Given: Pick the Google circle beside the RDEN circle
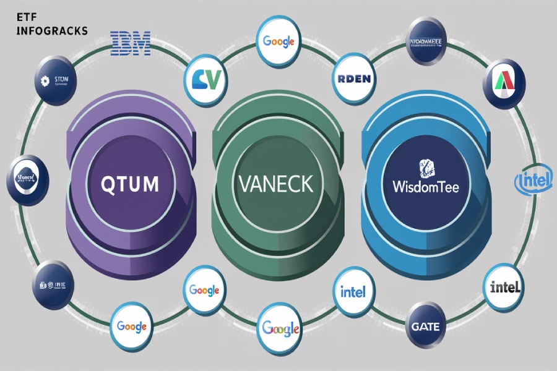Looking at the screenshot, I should coord(278,42).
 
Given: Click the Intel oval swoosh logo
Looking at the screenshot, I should coord(533,181).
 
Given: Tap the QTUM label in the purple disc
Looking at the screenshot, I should coord(129,183).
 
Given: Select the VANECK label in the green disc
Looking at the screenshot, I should coord(275,182).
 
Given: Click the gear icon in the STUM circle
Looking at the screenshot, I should coord(43,80).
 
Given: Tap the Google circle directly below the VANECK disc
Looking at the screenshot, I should coord(280,328).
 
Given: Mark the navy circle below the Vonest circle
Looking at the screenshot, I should coord(52,284).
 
